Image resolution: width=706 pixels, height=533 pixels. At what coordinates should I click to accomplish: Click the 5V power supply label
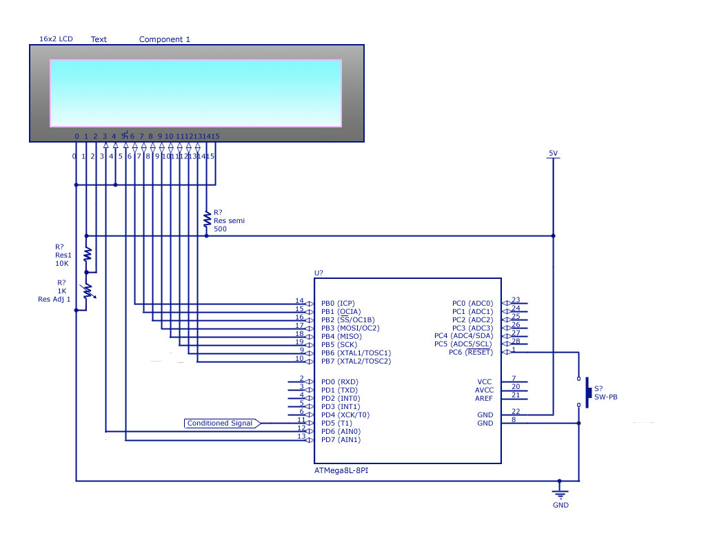coord(552,153)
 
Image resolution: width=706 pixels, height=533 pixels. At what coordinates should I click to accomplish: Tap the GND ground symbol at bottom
coord(560,494)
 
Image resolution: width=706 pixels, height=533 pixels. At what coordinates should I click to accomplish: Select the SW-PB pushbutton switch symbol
coord(587,392)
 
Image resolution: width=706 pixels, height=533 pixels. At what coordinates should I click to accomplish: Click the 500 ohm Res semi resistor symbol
coord(206,219)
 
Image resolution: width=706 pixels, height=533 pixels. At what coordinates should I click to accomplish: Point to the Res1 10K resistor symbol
coord(87,254)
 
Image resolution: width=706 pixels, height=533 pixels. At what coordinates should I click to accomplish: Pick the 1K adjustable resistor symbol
coord(87,292)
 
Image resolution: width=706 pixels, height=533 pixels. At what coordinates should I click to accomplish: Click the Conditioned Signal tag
coord(221,423)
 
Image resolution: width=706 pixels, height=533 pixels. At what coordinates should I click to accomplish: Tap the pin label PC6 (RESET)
coord(470,353)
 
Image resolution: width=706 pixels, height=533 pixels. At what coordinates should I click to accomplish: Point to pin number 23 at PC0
coord(516,300)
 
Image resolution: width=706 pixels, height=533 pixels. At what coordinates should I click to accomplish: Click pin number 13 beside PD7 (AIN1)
coord(301,437)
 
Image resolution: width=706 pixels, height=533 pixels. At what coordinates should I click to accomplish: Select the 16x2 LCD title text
coord(56,39)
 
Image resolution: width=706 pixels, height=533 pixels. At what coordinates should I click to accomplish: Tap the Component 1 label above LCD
coord(165,39)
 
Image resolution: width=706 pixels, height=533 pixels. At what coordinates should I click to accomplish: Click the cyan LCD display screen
coord(196,93)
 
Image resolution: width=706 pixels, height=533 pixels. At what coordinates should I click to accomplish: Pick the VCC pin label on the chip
coord(485,382)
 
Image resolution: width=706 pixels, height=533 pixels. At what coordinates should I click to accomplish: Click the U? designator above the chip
coord(319,273)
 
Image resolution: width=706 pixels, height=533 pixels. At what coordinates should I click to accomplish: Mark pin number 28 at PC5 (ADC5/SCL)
coord(516,342)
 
